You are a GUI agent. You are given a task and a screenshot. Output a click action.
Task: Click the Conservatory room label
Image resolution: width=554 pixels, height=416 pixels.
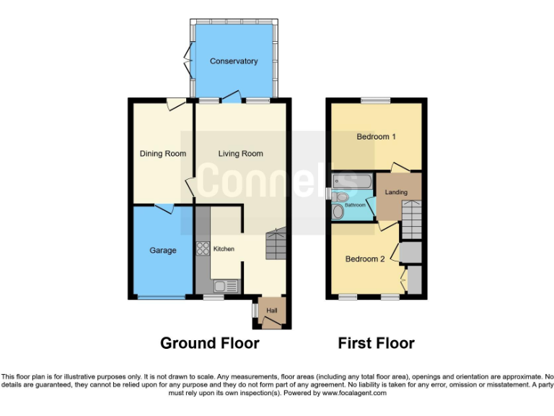[233, 61]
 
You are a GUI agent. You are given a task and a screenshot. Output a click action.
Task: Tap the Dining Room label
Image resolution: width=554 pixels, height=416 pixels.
[162, 153]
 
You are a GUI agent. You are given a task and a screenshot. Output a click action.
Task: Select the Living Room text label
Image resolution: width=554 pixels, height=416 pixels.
[241, 153]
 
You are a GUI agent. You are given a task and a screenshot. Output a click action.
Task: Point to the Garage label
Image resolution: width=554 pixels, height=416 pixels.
[162, 251]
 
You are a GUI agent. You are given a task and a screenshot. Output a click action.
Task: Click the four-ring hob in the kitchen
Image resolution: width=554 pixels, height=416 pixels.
[201, 249]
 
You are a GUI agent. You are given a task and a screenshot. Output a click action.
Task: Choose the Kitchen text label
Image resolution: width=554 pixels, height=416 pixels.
[224, 249]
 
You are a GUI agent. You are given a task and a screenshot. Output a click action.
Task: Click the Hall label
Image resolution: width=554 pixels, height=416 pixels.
[272, 311]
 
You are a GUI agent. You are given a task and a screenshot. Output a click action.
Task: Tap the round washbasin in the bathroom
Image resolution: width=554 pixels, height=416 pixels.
[338, 212]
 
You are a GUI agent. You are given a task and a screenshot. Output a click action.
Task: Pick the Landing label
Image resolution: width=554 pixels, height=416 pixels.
[396, 192]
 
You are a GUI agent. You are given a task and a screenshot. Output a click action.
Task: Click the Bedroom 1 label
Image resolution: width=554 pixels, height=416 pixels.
[377, 136]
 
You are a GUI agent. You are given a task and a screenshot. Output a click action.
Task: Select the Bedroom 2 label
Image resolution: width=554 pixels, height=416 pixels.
[364, 259]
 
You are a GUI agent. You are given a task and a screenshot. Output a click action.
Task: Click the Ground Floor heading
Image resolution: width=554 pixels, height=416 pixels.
[209, 343]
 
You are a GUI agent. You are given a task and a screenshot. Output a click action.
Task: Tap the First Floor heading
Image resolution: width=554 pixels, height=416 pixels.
[376, 343]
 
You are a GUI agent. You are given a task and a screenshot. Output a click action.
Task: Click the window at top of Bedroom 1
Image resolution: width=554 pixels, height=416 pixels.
[375, 100]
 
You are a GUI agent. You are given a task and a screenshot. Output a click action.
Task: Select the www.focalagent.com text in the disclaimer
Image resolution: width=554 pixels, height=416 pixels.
[354, 393]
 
